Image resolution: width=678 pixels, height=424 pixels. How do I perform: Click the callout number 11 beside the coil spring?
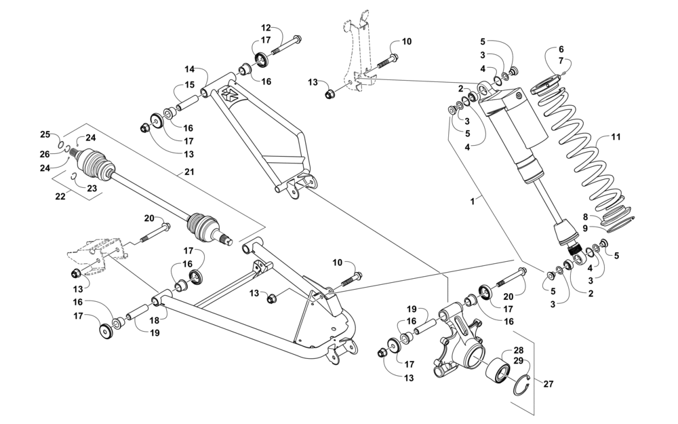coord(616,137)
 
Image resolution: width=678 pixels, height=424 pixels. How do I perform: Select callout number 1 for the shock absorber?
coord(473,201)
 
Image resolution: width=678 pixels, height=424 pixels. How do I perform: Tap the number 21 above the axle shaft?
coord(188,172)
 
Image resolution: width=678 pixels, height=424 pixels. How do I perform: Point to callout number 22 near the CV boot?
coord(60,197)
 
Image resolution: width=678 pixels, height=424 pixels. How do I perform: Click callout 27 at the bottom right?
coord(549,384)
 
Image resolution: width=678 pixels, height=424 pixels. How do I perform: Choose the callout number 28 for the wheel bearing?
coord(519,350)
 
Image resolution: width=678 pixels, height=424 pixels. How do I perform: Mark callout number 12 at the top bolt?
coord(266,28)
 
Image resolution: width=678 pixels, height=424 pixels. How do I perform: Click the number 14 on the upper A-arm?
coord(190,69)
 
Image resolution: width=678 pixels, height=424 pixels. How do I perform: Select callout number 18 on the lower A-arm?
coord(155,320)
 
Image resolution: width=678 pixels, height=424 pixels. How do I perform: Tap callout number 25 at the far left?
coord(45,134)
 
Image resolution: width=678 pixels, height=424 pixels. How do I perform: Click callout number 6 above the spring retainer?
coord(561,50)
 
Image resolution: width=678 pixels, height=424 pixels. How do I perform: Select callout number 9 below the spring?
coord(585,228)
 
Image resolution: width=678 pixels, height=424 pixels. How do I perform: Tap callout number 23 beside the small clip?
coord(92,188)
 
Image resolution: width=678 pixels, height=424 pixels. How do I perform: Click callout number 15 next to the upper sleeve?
coord(190,85)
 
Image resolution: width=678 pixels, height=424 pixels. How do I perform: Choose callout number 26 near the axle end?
coord(45,154)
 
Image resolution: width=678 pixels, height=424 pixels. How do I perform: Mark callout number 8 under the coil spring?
coord(585,217)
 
